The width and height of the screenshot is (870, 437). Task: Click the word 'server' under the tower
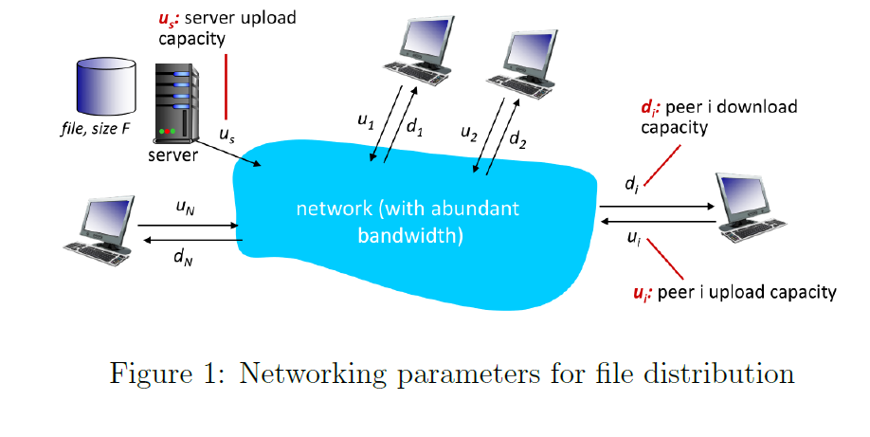172,155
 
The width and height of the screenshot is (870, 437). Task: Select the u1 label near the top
366,120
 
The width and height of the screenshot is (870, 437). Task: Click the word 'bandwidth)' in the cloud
410,235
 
